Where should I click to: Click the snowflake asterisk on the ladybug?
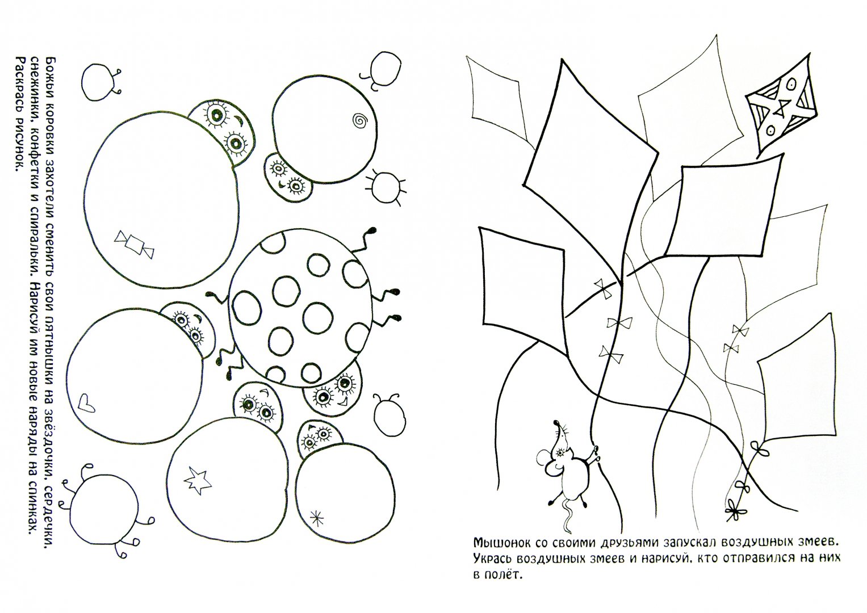tap(317, 518)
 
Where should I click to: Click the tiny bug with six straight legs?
tap(385, 186)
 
